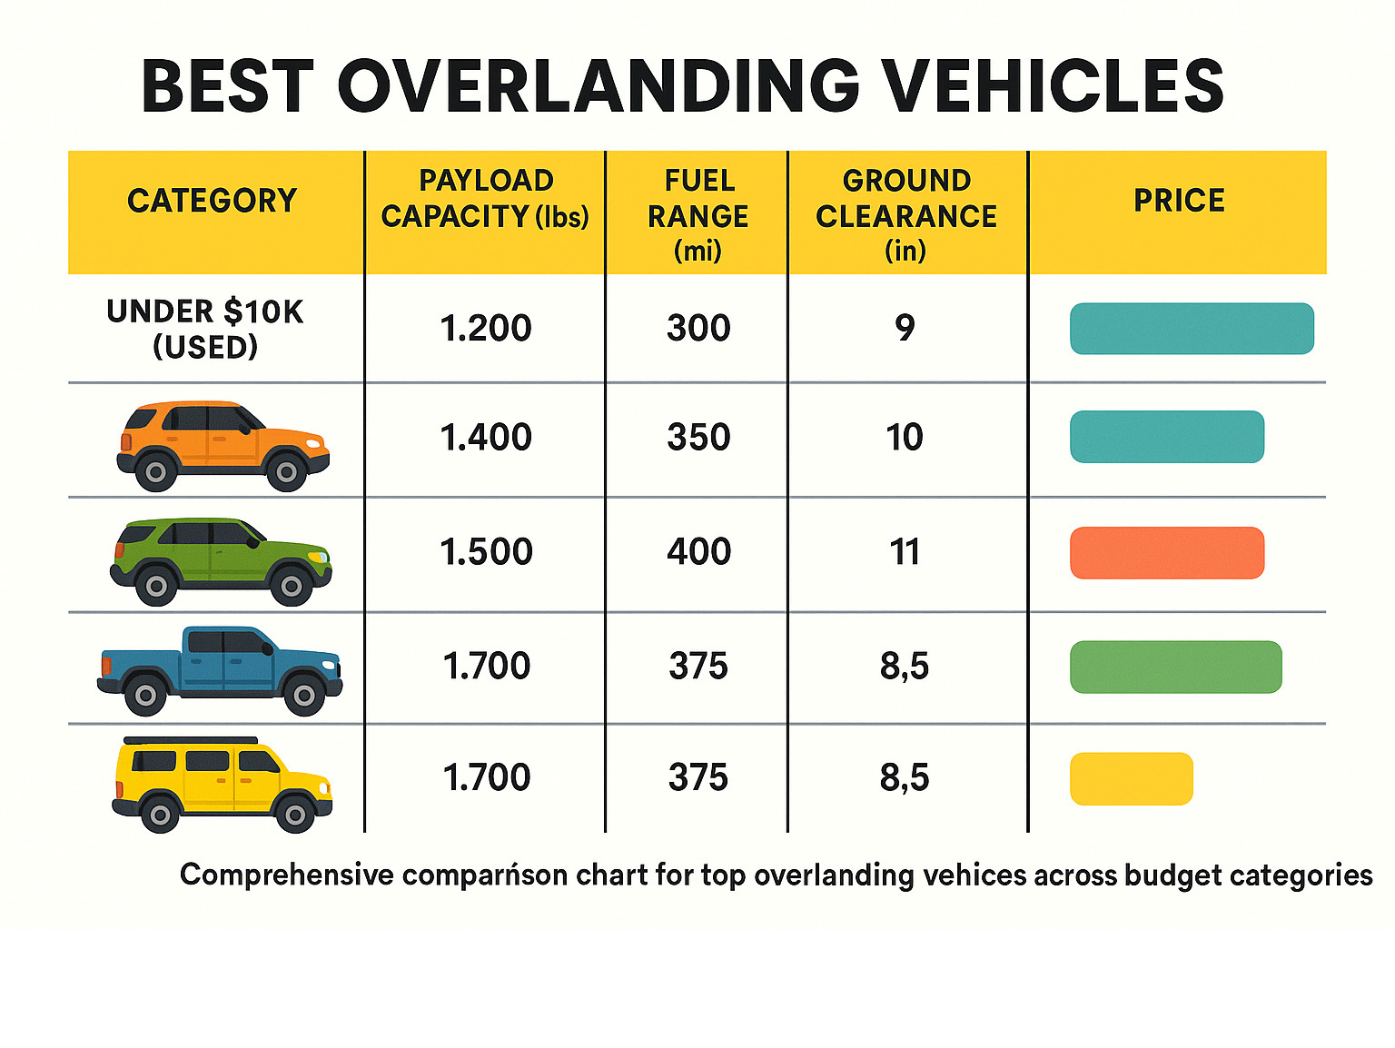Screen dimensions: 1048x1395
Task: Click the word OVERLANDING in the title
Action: tap(599, 86)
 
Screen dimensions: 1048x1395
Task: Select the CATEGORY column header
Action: tap(213, 201)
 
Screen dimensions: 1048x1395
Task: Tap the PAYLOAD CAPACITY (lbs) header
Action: tap(485, 199)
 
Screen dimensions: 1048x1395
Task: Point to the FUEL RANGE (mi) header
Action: tap(697, 215)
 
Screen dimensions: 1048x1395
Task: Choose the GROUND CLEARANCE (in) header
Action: tap(906, 215)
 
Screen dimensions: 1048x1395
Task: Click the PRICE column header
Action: tap(1179, 201)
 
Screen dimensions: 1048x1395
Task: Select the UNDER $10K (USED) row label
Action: tap(205, 329)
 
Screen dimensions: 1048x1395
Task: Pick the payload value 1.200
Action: tap(486, 329)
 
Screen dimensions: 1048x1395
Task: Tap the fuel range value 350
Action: tap(698, 438)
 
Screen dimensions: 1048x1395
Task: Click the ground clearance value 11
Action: tap(905, 552)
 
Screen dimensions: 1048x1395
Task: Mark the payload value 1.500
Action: tap(486, 552)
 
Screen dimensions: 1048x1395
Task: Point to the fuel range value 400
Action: tap(698, 552)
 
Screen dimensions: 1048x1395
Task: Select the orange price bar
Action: tap(1167, 553)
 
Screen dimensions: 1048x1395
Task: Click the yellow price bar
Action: tap(1131, 779)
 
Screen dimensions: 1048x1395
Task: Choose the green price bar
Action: tap(1175, 667)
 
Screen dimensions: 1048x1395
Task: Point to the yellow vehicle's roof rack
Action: tap(191, 741)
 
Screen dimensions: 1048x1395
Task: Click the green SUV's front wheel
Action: tap(292, 587)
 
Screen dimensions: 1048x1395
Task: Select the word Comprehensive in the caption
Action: tap(286, 875)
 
